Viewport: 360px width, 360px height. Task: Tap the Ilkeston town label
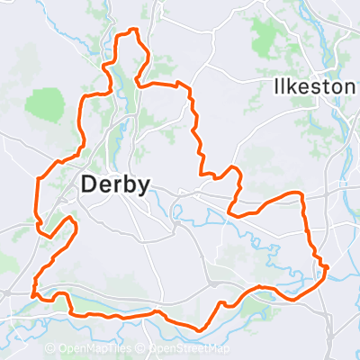tap(311, 87)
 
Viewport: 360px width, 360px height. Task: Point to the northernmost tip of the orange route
tap(135, 31)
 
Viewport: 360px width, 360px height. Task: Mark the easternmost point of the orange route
tap(327, 267)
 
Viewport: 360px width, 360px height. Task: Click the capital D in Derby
tap(89, 184)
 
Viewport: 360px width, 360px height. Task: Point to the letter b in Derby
tap(128, 184)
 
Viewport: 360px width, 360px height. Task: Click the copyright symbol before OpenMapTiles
tap(51, 349)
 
